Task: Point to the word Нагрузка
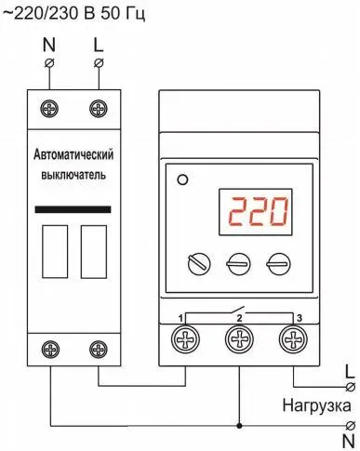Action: (317, 406)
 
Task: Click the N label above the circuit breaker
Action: (50, 43)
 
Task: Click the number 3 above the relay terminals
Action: (299, 319)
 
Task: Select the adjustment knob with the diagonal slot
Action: (196, 263)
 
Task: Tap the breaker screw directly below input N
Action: (50, 110)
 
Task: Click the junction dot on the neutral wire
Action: (241, 425)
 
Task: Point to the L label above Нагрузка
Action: (349, 368)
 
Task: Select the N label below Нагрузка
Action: (349, 440)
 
